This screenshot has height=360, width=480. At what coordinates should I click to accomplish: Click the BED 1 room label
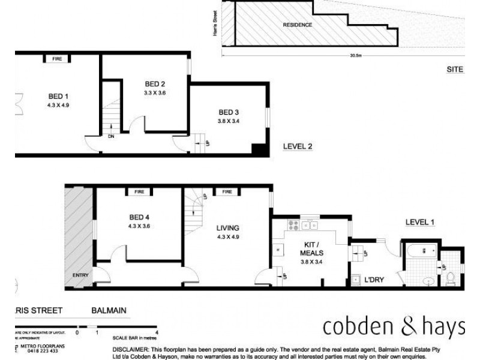pos(58,95)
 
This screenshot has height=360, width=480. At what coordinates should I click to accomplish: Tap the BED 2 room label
pos(155,83)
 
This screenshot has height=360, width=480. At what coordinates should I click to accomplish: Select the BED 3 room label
pos(229,112)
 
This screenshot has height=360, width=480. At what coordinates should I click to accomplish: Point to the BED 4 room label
pos(139,217)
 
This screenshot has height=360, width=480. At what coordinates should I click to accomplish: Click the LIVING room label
pos(228,228)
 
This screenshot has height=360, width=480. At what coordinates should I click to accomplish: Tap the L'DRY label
pos(374,280)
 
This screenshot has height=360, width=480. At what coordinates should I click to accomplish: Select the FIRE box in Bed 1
pos(58,59)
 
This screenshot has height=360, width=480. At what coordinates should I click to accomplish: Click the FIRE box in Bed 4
pos(139,192)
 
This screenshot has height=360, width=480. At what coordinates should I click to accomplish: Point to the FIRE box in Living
pos(227,192)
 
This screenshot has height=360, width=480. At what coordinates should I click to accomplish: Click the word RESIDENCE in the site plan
pos(297,25)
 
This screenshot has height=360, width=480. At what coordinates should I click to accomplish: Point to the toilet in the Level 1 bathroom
pos(450,277)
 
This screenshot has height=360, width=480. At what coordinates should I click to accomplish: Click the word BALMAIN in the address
pos(108,311)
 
